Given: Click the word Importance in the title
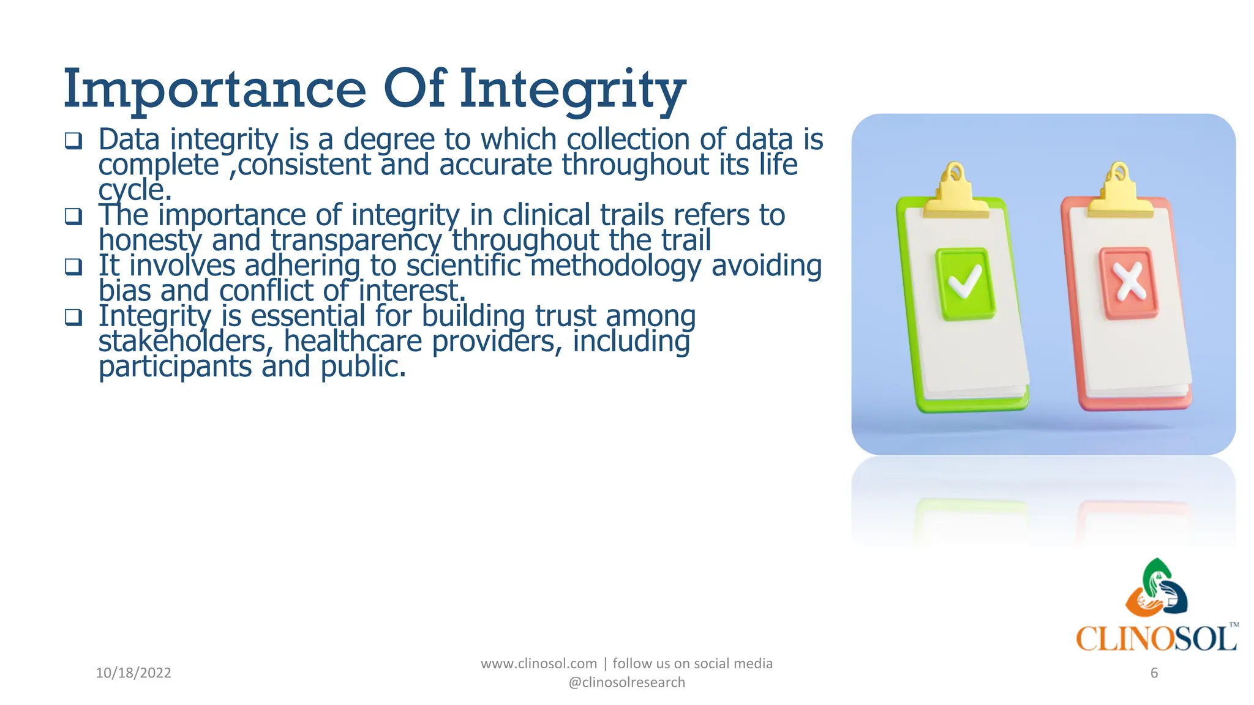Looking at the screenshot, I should pyautogui.click(x=215, y=89).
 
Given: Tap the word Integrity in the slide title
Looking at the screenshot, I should pyautogui.click(x=573, y=91).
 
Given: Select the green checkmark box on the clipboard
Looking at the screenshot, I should pyautogui.click(x=965, y=283).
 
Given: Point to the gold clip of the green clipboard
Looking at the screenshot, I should pyautogui.click(x=955, y=193).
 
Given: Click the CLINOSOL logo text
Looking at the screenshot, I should pyautogui.click(x=1156, y=639).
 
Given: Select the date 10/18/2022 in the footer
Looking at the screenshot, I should pyautogui.click(x=133, y=673).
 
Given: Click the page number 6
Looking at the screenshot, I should pyautogui.click(x=1154, y=673).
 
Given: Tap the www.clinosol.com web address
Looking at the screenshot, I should pyautogui.click(x=538, y=663).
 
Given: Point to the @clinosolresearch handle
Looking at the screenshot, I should pyautogui.click(x=626, y=682).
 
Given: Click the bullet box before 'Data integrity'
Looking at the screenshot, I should pyautogui.click(x=73, y=141).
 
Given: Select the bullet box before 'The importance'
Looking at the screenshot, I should pyautogui.click(x=73, y=217).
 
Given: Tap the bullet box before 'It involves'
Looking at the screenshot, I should pyautogui.click(x=73, y=267).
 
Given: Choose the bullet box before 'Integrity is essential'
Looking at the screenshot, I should pyautogui.click(x=73, y=317).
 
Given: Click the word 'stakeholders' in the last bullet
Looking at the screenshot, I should pyautogui.click(x=186, y=341).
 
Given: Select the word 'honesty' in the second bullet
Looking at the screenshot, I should pyautogui.click(x=150, y=241).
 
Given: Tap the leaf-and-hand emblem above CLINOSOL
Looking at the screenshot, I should pyautogui.click(x=1156, y=587).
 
